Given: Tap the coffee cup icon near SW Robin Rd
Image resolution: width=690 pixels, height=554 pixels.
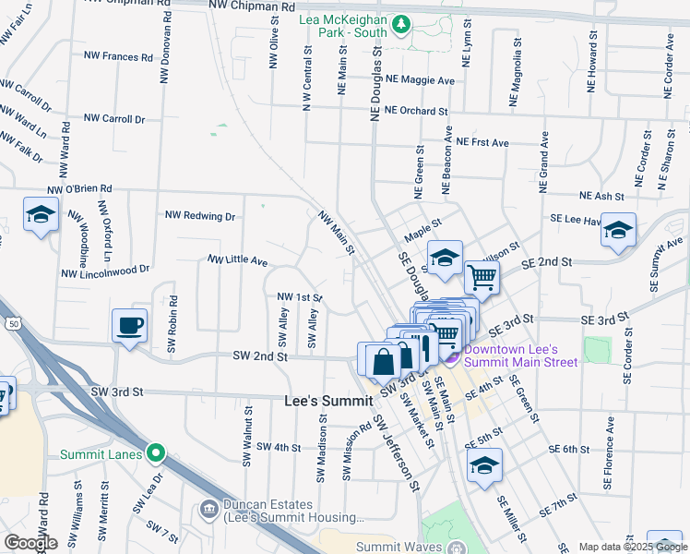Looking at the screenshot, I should pyautogui.click(x=129, y=325).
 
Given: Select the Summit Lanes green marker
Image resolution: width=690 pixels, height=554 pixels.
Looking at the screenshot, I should pyautogui.click(x=156, y=453).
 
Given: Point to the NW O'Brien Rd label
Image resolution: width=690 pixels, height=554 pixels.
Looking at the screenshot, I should pyautogui.click(x=80, y=188).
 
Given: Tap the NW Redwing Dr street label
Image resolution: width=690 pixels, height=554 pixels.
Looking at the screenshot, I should pyautogui.click(x=200, y=215).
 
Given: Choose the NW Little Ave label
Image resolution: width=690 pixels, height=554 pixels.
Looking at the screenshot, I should pyautogui.click(x=237, y=261).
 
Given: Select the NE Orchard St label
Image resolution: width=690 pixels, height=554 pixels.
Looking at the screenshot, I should pyautogui.click(x=416, y=111).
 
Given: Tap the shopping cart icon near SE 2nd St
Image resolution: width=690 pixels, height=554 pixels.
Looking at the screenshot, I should pyautogui.click(x=482, y=275).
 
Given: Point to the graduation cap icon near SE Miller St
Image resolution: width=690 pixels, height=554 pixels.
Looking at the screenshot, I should pyautogui.click(x=484, y=466).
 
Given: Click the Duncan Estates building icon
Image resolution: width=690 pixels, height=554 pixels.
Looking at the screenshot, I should pyautogui.click(x=208, y=509).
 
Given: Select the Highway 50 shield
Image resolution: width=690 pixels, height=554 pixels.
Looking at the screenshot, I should pyautogui.click(x=12, y=323).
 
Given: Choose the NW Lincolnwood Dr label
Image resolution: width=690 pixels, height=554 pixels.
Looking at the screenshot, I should pyautogui.click(x=105, y=271).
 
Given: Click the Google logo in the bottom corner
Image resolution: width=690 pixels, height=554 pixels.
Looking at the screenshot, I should pyautogui.click(x=30, y=543).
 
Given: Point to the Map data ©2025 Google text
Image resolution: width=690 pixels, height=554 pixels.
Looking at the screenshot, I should pyautogui.click(x=632, y=547).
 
